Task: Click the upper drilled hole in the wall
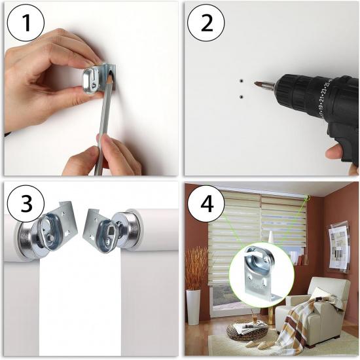click(242, 82)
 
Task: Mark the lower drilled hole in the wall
click(242, 97)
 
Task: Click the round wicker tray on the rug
click(247, 331)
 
